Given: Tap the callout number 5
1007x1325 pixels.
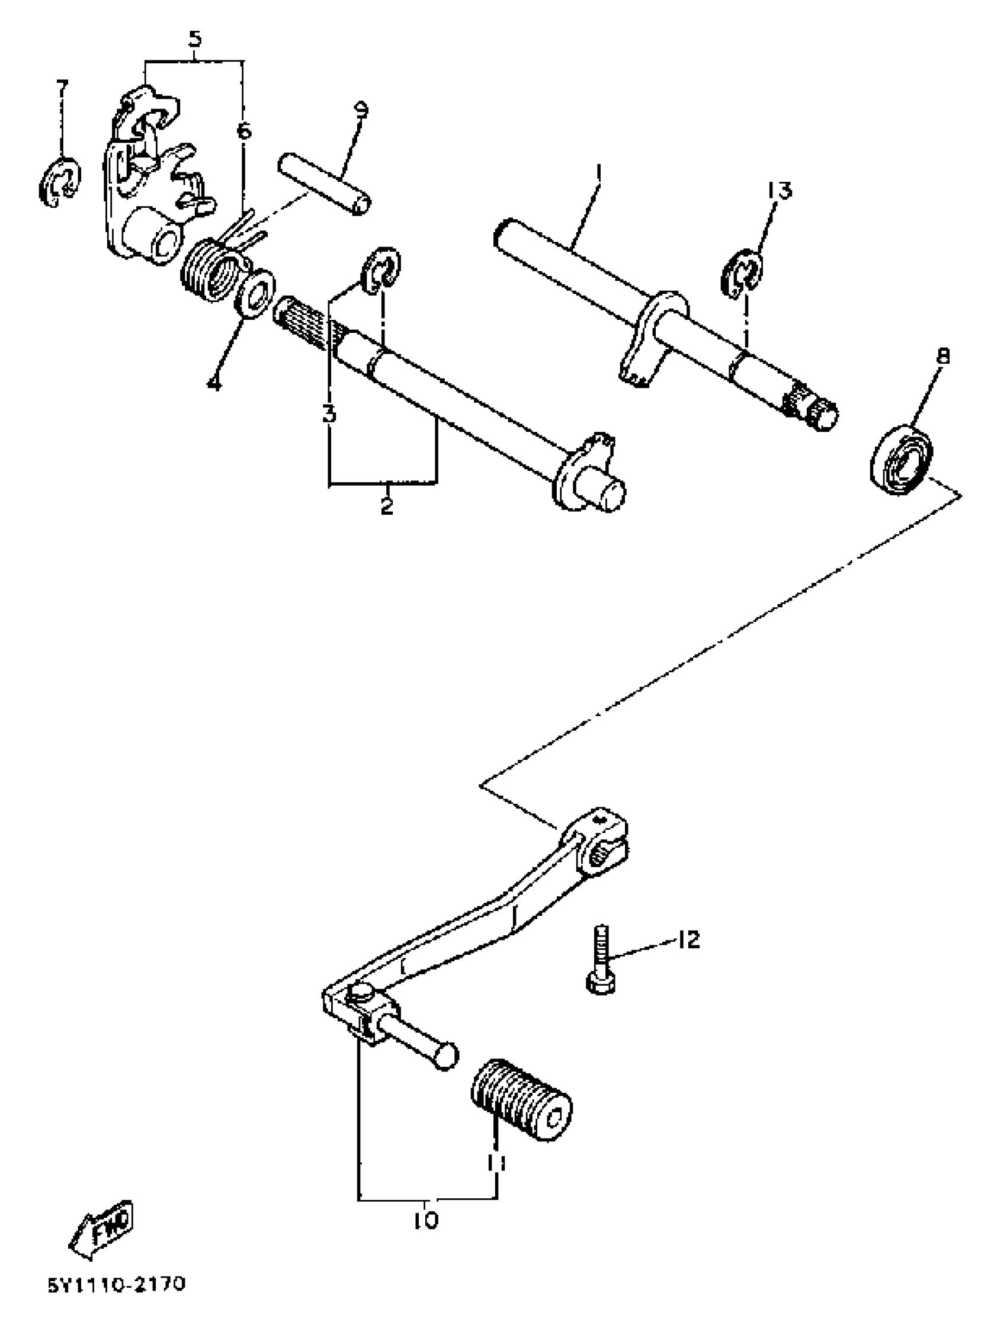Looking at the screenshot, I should tap(195, 40).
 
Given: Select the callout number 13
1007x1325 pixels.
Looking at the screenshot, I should tap(779, 191).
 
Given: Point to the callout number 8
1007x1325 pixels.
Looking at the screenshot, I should tap(943, 357).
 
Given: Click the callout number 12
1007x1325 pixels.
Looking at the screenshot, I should tap(689, 940).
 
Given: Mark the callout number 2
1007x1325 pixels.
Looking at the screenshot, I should tap(387, 505).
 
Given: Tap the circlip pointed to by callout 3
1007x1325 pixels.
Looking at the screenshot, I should tap(380, 270).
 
